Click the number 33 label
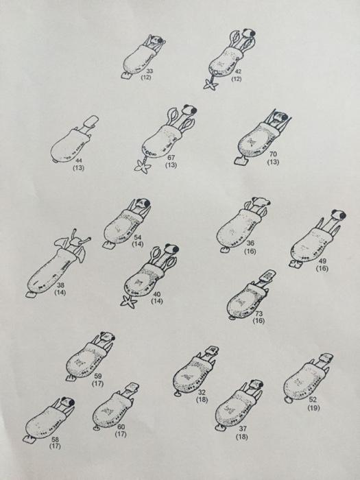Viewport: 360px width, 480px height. coord(149,71)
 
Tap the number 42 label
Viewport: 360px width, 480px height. coord(238,72)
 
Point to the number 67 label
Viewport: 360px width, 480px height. coord(171,158)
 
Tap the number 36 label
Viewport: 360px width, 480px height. coord(250,243)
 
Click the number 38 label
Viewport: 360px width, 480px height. coord(60,285)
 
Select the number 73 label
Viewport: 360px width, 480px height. coord(259,313)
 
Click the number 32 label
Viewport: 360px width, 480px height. coord(202,392)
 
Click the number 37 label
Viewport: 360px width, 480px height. coord(243,429)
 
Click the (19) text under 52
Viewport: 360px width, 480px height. coord(313,407)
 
